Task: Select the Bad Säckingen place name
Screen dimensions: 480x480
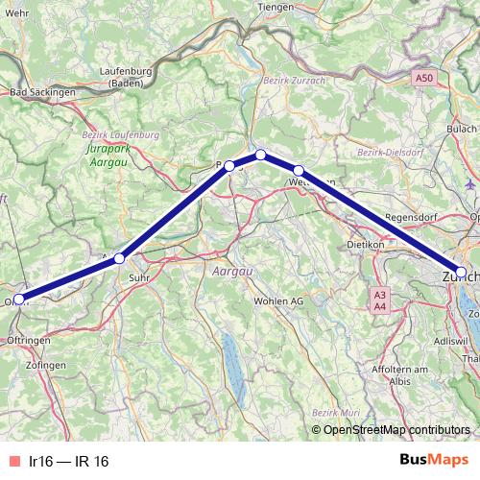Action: click(42, 92)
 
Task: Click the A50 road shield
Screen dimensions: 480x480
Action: click(425, 77)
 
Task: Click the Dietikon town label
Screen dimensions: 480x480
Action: click(365, 245)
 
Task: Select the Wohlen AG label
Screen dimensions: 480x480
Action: click(278, 300)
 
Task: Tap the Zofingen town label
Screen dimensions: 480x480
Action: click(46, 366)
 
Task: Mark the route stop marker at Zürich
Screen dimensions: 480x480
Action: click(461, 272)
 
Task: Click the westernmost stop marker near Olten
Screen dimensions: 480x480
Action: click(19, 299)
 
